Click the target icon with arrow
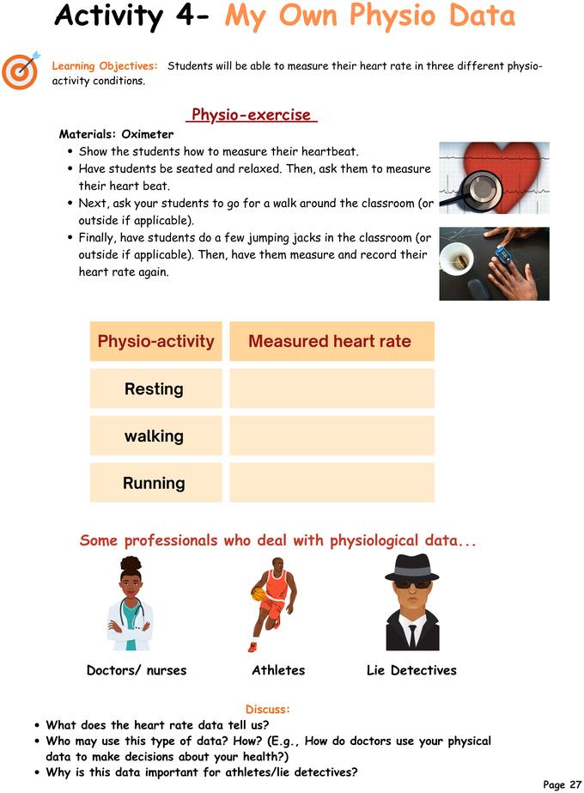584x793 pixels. click(20, 70)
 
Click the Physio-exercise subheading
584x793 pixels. click(251, 115)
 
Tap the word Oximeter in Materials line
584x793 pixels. click(147, 134)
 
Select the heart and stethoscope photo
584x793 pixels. click(494, 178)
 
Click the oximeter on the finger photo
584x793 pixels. click(494, 264)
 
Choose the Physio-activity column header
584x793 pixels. click(155, 341)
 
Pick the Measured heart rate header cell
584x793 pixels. click(330, 341)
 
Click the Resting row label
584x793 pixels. click(154, 388)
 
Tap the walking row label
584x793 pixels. click(154, 436)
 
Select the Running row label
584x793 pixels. click(154, 483)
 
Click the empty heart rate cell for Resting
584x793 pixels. click(332, 388)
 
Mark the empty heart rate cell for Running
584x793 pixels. click(332, 483)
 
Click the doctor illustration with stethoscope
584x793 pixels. click(130, 603)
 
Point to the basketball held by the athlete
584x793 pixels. click(257, 594)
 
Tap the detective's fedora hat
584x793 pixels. click(411, 568)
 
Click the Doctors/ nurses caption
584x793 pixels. click(137, 670)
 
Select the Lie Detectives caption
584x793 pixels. click(411, 670)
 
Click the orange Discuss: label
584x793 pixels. click(268, 709)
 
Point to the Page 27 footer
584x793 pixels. click(562, 784)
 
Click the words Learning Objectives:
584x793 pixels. click(105, 66)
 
